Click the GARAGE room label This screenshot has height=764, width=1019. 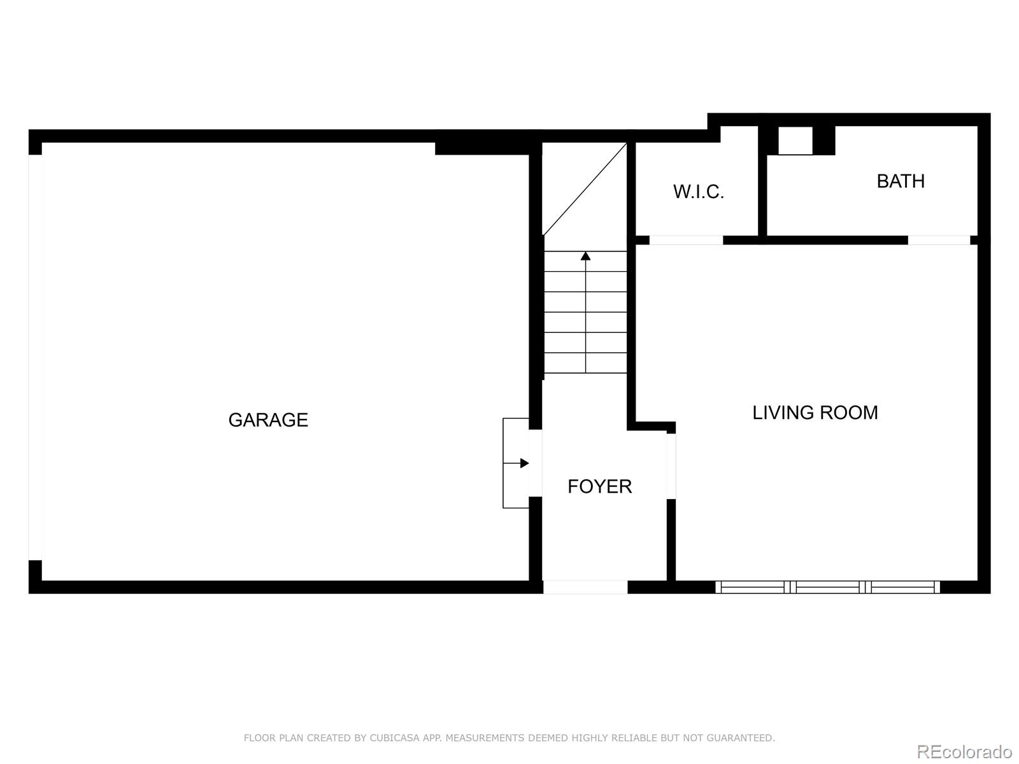[x=268, y=420]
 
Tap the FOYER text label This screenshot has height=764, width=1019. [x=599, y=486]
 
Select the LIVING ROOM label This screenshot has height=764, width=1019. [x=815, y=413]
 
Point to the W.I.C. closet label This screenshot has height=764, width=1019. [x=699, y=192]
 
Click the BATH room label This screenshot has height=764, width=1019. [x=901, y=181]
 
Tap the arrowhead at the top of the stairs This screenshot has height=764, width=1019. [x=585, y=256]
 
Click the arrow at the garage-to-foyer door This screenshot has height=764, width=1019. [x=524, y=463]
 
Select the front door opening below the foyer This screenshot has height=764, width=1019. [x=585, y=587]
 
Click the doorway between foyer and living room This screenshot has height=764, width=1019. [x=671, y=466]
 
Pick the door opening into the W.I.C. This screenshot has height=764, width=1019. [x=686, y=240]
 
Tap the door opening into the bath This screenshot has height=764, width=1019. [x=939, y=240]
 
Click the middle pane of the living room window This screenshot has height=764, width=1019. [x=827, y=587]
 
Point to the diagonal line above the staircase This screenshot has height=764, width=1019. [x=585, y=189]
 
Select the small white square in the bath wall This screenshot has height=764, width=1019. [x=795, y=141]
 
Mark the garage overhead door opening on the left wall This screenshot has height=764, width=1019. [x=35, y=357]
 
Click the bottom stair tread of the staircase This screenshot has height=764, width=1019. [x=585, y=363]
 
